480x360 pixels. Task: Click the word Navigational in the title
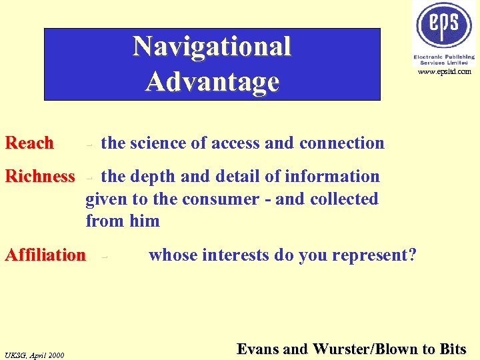click(212, 47)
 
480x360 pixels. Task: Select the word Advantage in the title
click(212, 81)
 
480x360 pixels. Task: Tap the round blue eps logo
click(445, 25)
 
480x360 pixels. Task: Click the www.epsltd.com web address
click(445, 71)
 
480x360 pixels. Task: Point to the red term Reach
click(29, 143)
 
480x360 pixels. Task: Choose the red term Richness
click(40, 177)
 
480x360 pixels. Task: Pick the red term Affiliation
click(45, 255)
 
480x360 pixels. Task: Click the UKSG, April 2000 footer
click(34, 355)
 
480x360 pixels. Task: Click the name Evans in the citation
click(257, 349)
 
